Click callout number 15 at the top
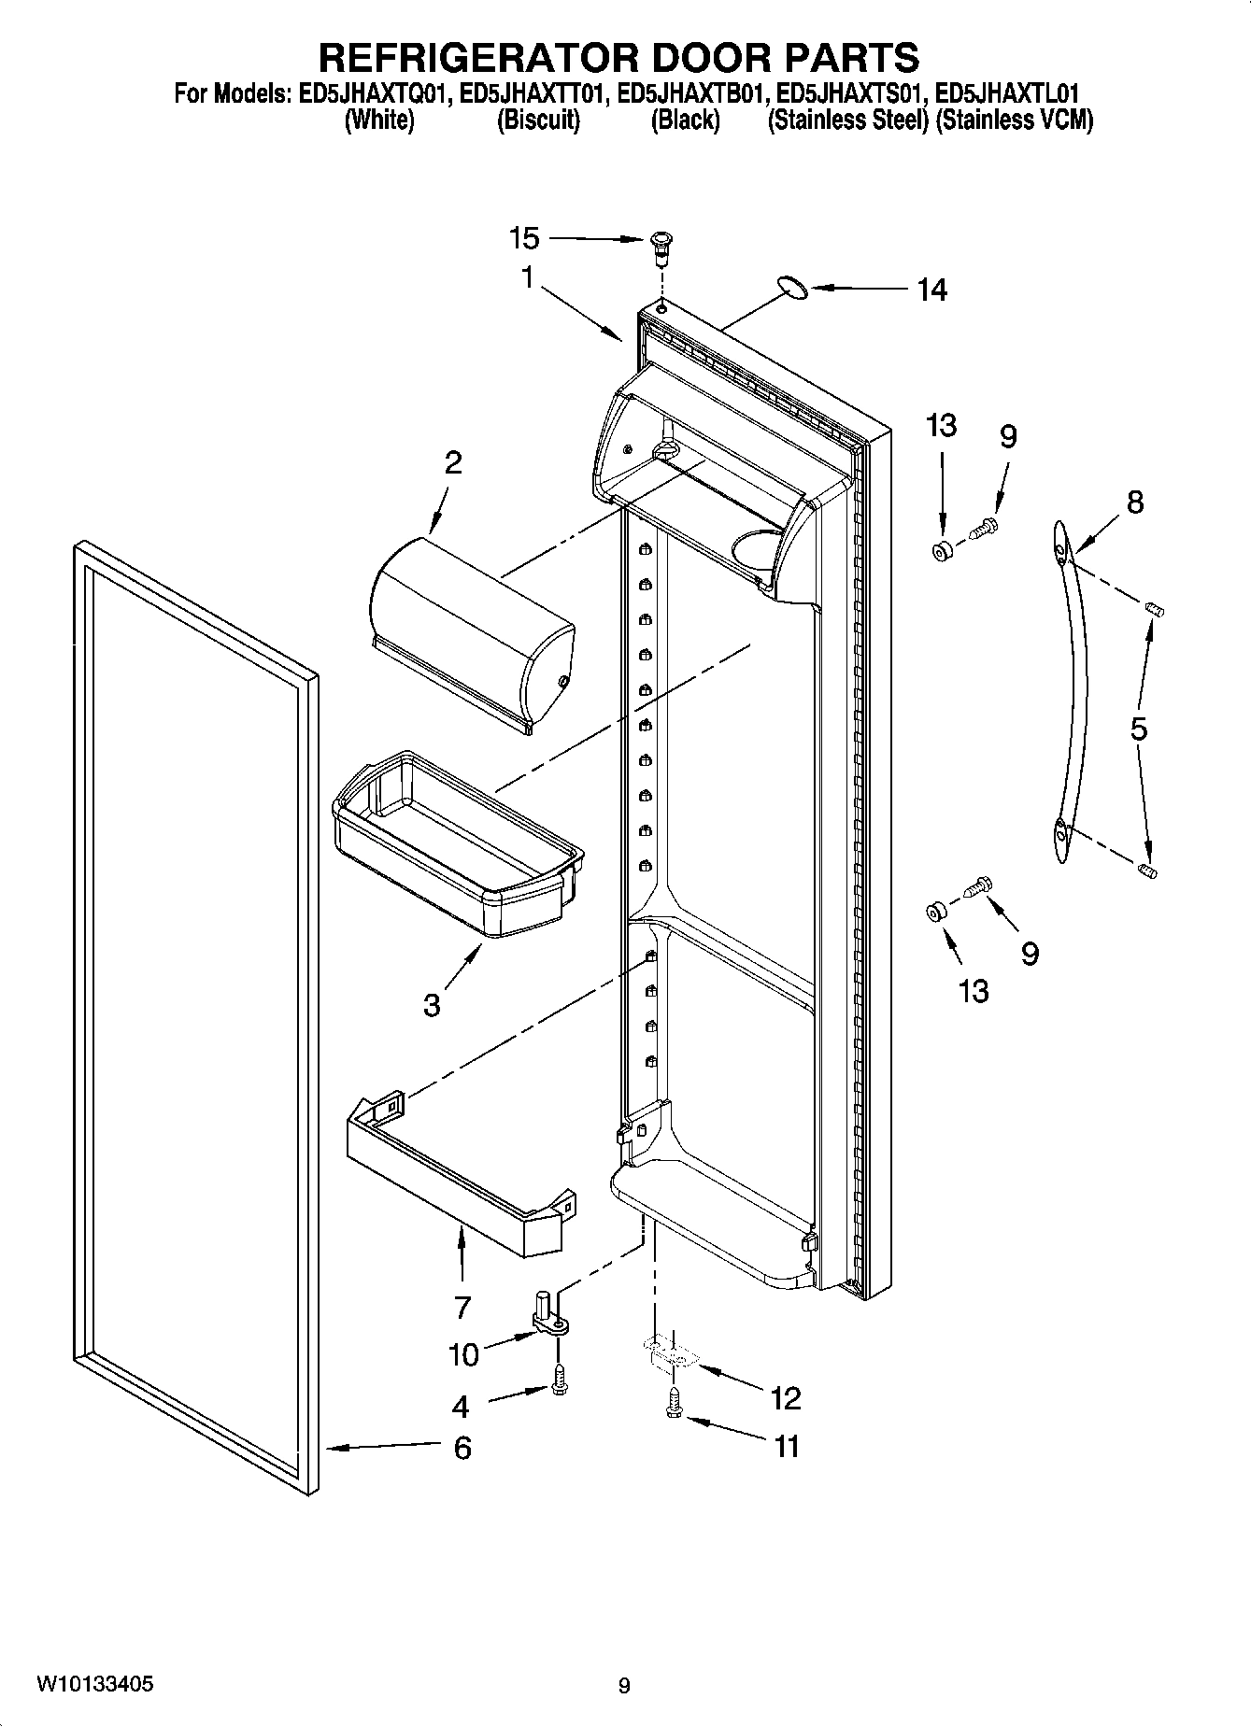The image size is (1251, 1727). [524, 239]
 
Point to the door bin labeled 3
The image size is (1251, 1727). [458, 845]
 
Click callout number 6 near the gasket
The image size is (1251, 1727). [462, 1449]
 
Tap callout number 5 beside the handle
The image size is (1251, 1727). [1138, 729]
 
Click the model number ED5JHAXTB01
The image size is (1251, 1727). [693, 95]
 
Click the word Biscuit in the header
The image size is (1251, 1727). [538, 120]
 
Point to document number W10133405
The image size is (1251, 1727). [95, 1684]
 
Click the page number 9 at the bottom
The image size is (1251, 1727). [624, 1686]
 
